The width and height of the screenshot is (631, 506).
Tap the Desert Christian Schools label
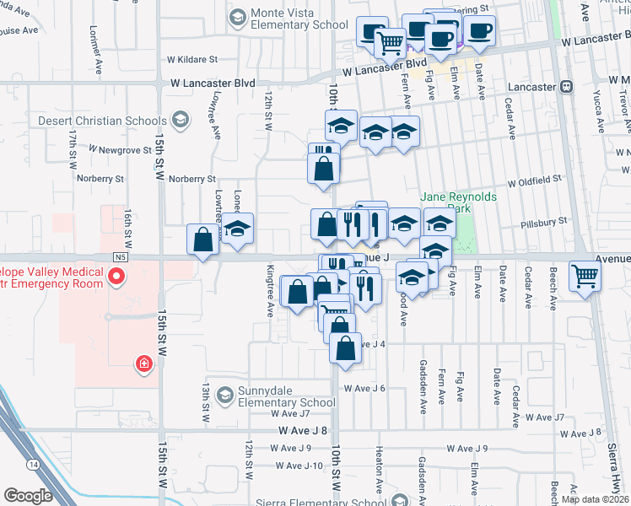tap(103, 121)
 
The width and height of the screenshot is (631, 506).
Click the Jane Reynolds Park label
tap(459, 202)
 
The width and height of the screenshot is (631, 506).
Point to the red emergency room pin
tap(118, 275)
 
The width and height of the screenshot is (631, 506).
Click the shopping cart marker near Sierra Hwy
tap(585, 275)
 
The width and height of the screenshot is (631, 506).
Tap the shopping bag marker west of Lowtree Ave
tap(203, 240)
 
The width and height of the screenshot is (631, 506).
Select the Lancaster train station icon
tap(567, 86)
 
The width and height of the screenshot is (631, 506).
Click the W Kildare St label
tap(192, 59)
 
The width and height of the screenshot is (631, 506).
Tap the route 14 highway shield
tap(34, 464)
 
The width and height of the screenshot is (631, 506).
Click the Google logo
tap(28, 496)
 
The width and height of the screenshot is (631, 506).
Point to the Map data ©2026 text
tap(596, 499)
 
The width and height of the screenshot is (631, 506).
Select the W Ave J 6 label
tap(364, 388)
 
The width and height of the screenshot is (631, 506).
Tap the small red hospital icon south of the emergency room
tap(144, 363)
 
